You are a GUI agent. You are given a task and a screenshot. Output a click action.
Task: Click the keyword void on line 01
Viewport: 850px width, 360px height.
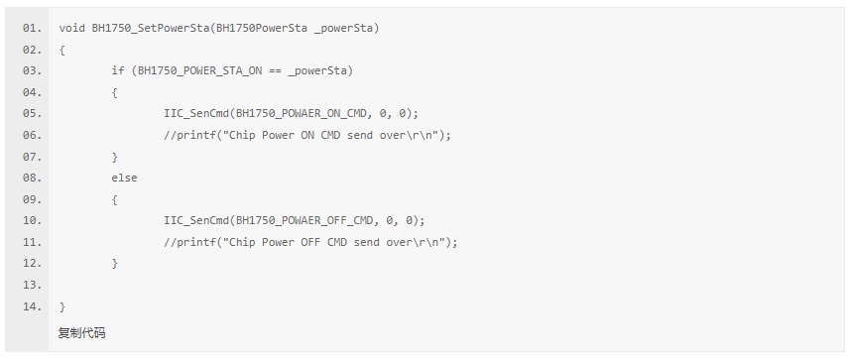(72, 28)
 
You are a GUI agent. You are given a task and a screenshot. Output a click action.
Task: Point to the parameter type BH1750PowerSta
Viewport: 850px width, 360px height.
(262, 28)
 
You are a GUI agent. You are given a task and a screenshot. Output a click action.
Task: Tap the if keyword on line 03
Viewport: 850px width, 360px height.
(118, 71)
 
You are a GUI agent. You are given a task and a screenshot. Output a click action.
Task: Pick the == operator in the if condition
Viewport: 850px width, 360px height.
(275, 71)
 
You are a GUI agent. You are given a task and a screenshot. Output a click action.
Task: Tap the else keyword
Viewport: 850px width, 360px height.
(124, 178)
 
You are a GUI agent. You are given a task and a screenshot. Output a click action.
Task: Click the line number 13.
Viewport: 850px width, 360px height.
(32, 285)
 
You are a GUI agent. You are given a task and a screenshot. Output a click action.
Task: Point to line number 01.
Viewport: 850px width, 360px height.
(32, 28)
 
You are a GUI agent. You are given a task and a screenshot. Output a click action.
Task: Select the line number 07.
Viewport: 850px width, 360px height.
(32, 157)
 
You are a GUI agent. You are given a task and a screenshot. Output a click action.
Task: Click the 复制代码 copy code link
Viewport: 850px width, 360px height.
(82, 333)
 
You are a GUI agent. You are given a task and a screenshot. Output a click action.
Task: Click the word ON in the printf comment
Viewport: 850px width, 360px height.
(307, 135)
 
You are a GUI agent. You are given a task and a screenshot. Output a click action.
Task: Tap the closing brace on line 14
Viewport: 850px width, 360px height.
(61, 306)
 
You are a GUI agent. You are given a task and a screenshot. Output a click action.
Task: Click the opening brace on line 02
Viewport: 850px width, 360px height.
(61, 50)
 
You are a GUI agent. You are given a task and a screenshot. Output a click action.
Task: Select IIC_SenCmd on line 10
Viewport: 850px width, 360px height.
(196, 221)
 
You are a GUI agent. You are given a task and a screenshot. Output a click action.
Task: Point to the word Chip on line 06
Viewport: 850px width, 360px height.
(242, 135)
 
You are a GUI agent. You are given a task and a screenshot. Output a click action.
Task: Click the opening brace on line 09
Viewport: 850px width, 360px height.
(114, 199)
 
